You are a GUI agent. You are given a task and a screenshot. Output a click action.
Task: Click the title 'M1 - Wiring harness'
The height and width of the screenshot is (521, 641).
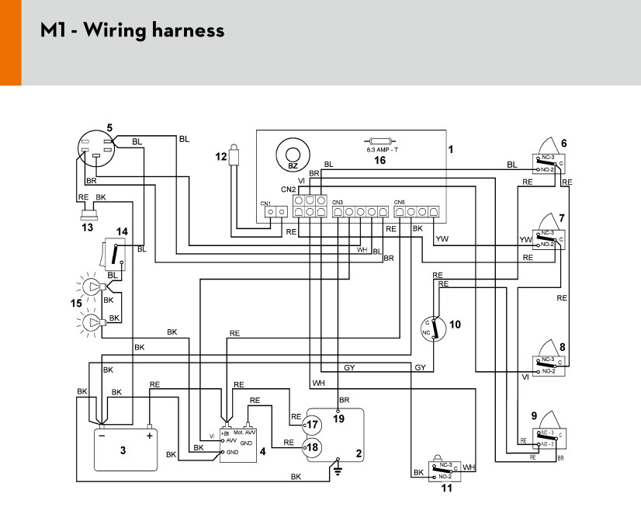133,31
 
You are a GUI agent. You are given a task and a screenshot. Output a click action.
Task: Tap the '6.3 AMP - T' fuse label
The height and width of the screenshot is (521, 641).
381,148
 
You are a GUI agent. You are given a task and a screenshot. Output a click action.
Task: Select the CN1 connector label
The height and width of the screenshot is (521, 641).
265,203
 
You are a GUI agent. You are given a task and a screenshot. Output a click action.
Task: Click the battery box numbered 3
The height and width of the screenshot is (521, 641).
123,449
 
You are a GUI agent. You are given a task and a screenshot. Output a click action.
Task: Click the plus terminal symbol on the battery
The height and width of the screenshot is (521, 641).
149,436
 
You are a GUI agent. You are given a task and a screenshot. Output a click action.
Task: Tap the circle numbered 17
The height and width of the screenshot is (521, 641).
312,425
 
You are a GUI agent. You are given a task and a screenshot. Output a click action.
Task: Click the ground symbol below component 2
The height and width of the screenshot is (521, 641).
338,470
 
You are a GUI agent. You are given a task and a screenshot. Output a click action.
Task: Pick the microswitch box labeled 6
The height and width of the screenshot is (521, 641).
550,162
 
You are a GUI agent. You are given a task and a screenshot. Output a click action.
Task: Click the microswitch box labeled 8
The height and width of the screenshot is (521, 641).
550,364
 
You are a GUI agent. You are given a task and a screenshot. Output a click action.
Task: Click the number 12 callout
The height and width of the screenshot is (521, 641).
221,156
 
